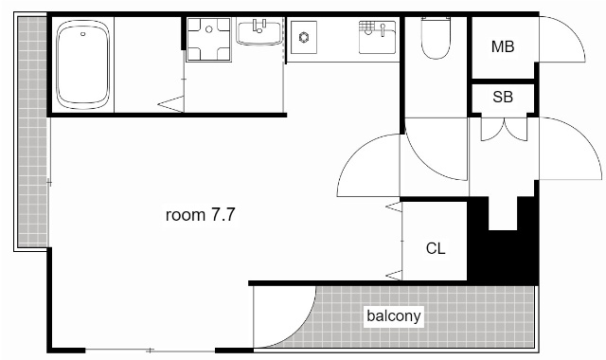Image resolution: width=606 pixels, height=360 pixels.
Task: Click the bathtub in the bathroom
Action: [82, 64]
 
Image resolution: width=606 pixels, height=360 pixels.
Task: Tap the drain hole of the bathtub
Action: [82, 34]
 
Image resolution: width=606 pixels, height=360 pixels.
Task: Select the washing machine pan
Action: [208, 39]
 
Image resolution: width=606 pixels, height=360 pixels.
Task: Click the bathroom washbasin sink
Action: [259, 33]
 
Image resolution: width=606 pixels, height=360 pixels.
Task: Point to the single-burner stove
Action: [304, 38]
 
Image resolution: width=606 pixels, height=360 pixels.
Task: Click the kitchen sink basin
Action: [377, 37]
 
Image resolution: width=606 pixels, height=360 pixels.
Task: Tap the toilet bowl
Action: [436, 42]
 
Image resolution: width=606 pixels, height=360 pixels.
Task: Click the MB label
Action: [503, 46]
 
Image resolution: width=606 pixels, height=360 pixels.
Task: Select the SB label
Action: [503, 97]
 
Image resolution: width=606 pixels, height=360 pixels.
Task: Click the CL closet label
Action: [436, 248]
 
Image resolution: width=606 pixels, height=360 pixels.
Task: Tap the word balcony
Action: [394, 315]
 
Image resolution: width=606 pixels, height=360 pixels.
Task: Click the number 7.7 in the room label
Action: [223, 215]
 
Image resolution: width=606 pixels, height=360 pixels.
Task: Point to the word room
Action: [186, 215]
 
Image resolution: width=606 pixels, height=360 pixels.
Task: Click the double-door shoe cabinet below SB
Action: [504, 129]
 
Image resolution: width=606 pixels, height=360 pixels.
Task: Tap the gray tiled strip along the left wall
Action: [33, 132]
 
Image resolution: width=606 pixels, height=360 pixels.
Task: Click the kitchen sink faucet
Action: [383, 29]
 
